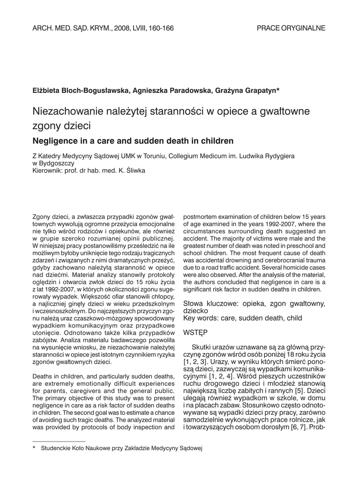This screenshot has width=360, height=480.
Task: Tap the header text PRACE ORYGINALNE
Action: (291, 28)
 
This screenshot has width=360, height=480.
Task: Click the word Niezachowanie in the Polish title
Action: (62, 112)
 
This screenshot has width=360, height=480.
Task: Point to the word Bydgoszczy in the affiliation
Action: (58, 163)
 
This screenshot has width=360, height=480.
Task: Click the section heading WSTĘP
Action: (195, 332)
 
